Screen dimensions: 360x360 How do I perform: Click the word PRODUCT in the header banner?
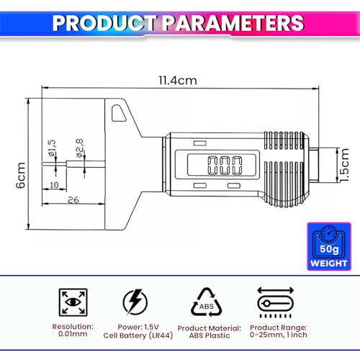pos(104,23)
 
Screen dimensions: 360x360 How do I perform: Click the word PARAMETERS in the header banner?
pos(233,23)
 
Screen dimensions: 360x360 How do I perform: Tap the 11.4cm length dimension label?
pos(178,81)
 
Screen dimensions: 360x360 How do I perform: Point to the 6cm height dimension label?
pos(21,175)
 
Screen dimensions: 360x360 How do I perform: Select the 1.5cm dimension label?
pos(344,165)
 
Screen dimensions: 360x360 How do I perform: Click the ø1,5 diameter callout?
pos(52,148)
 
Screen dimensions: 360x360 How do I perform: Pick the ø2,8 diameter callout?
pos(80,148)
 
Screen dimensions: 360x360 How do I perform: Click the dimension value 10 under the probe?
pos(54,185)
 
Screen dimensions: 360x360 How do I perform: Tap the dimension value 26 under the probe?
pos(73,199)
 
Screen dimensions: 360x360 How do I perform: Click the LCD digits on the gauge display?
pos(225,166)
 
